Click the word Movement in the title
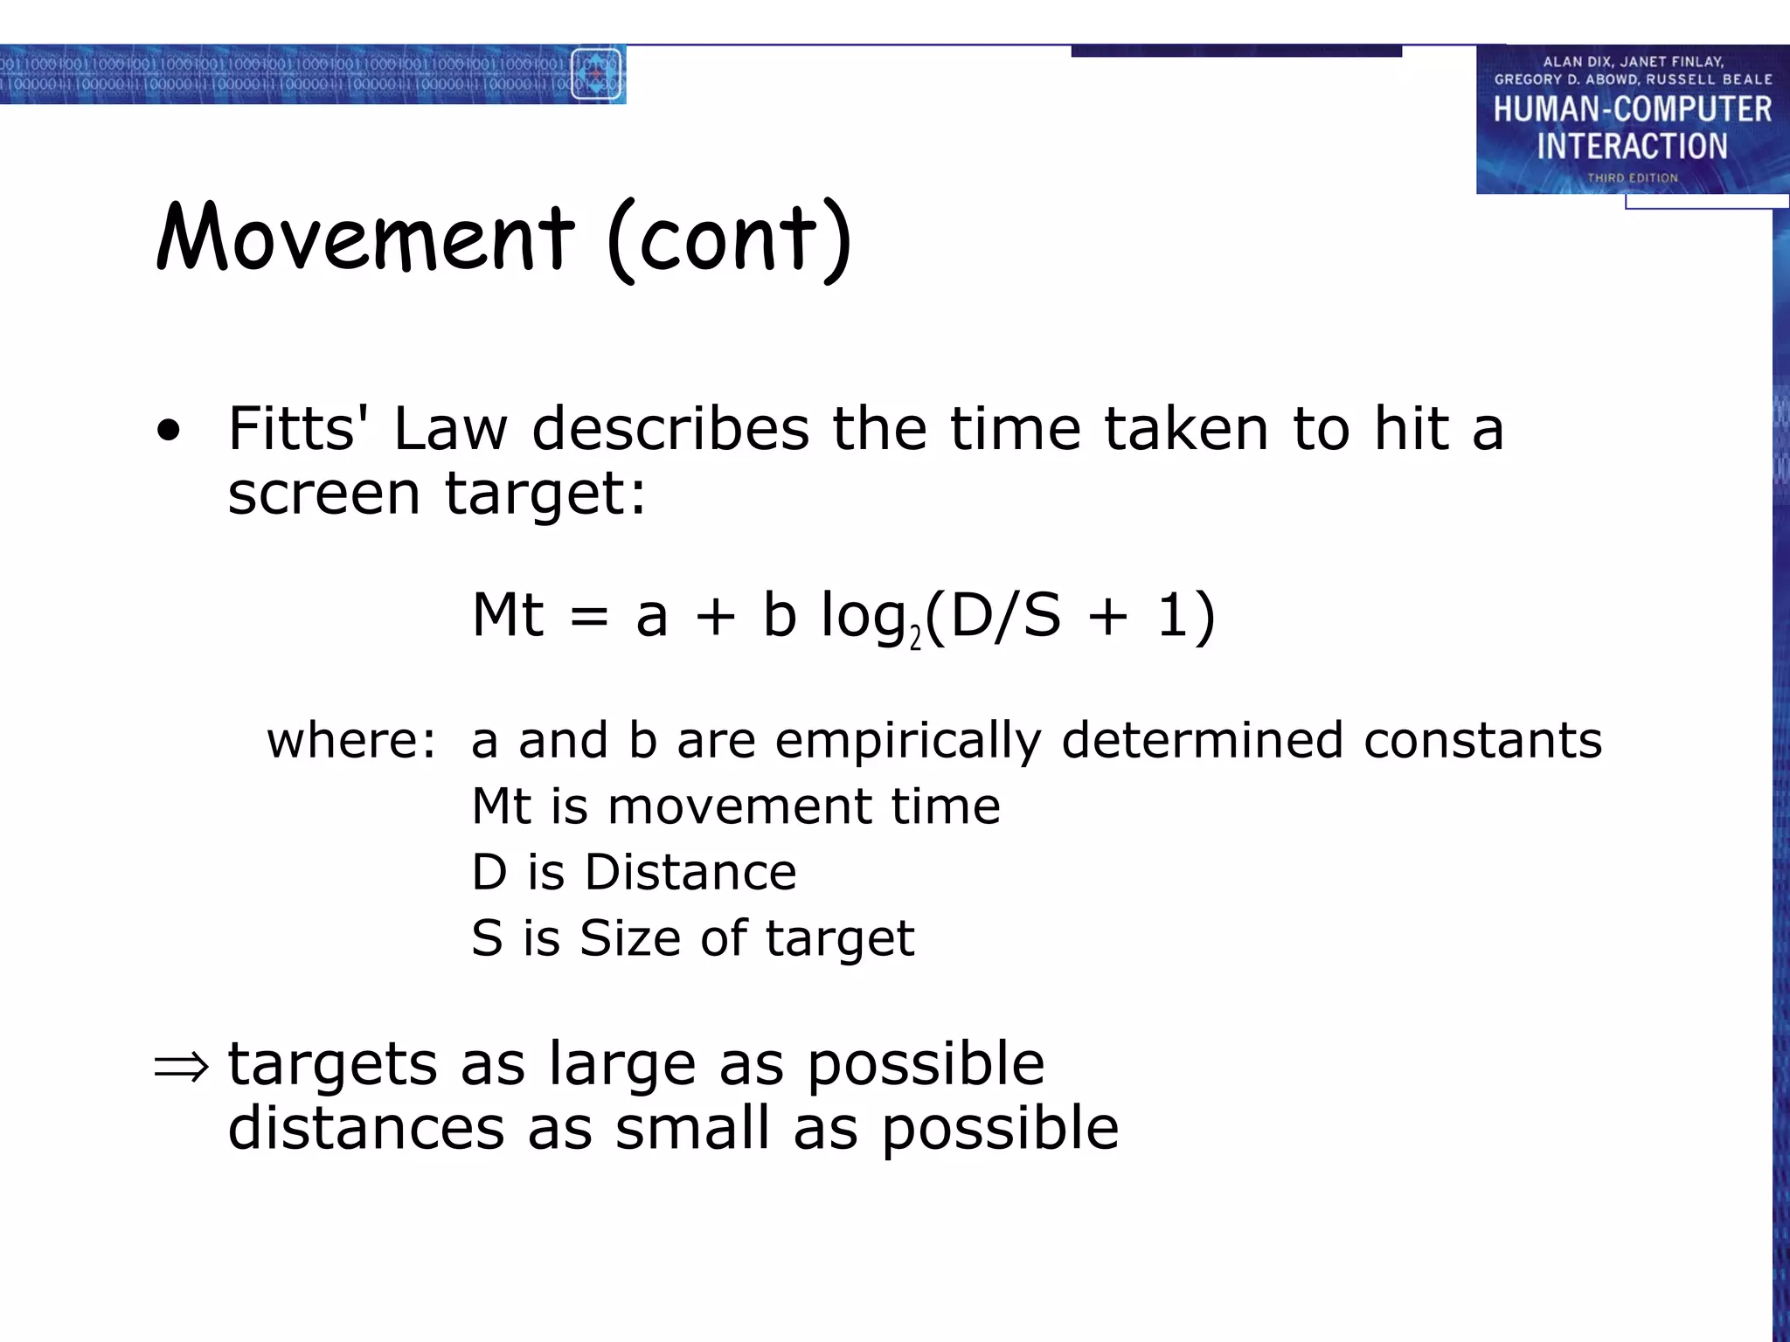(x=365, y=238)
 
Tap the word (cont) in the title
(x=729, y=239)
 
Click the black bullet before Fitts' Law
(x=169, y=430)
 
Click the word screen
(x=324, y=494)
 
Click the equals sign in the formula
(x=588, y=617)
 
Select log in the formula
(x=863, y=617)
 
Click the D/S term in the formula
(x=1005, y=615)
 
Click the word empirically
(x=908, y=741)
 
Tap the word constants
(x=1482, y=740)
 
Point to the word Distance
(x=690, y=872)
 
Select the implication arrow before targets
(x=182, y=1066)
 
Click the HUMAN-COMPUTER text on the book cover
(x=1632, y=109)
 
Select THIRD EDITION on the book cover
(x=1632, y=178)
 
